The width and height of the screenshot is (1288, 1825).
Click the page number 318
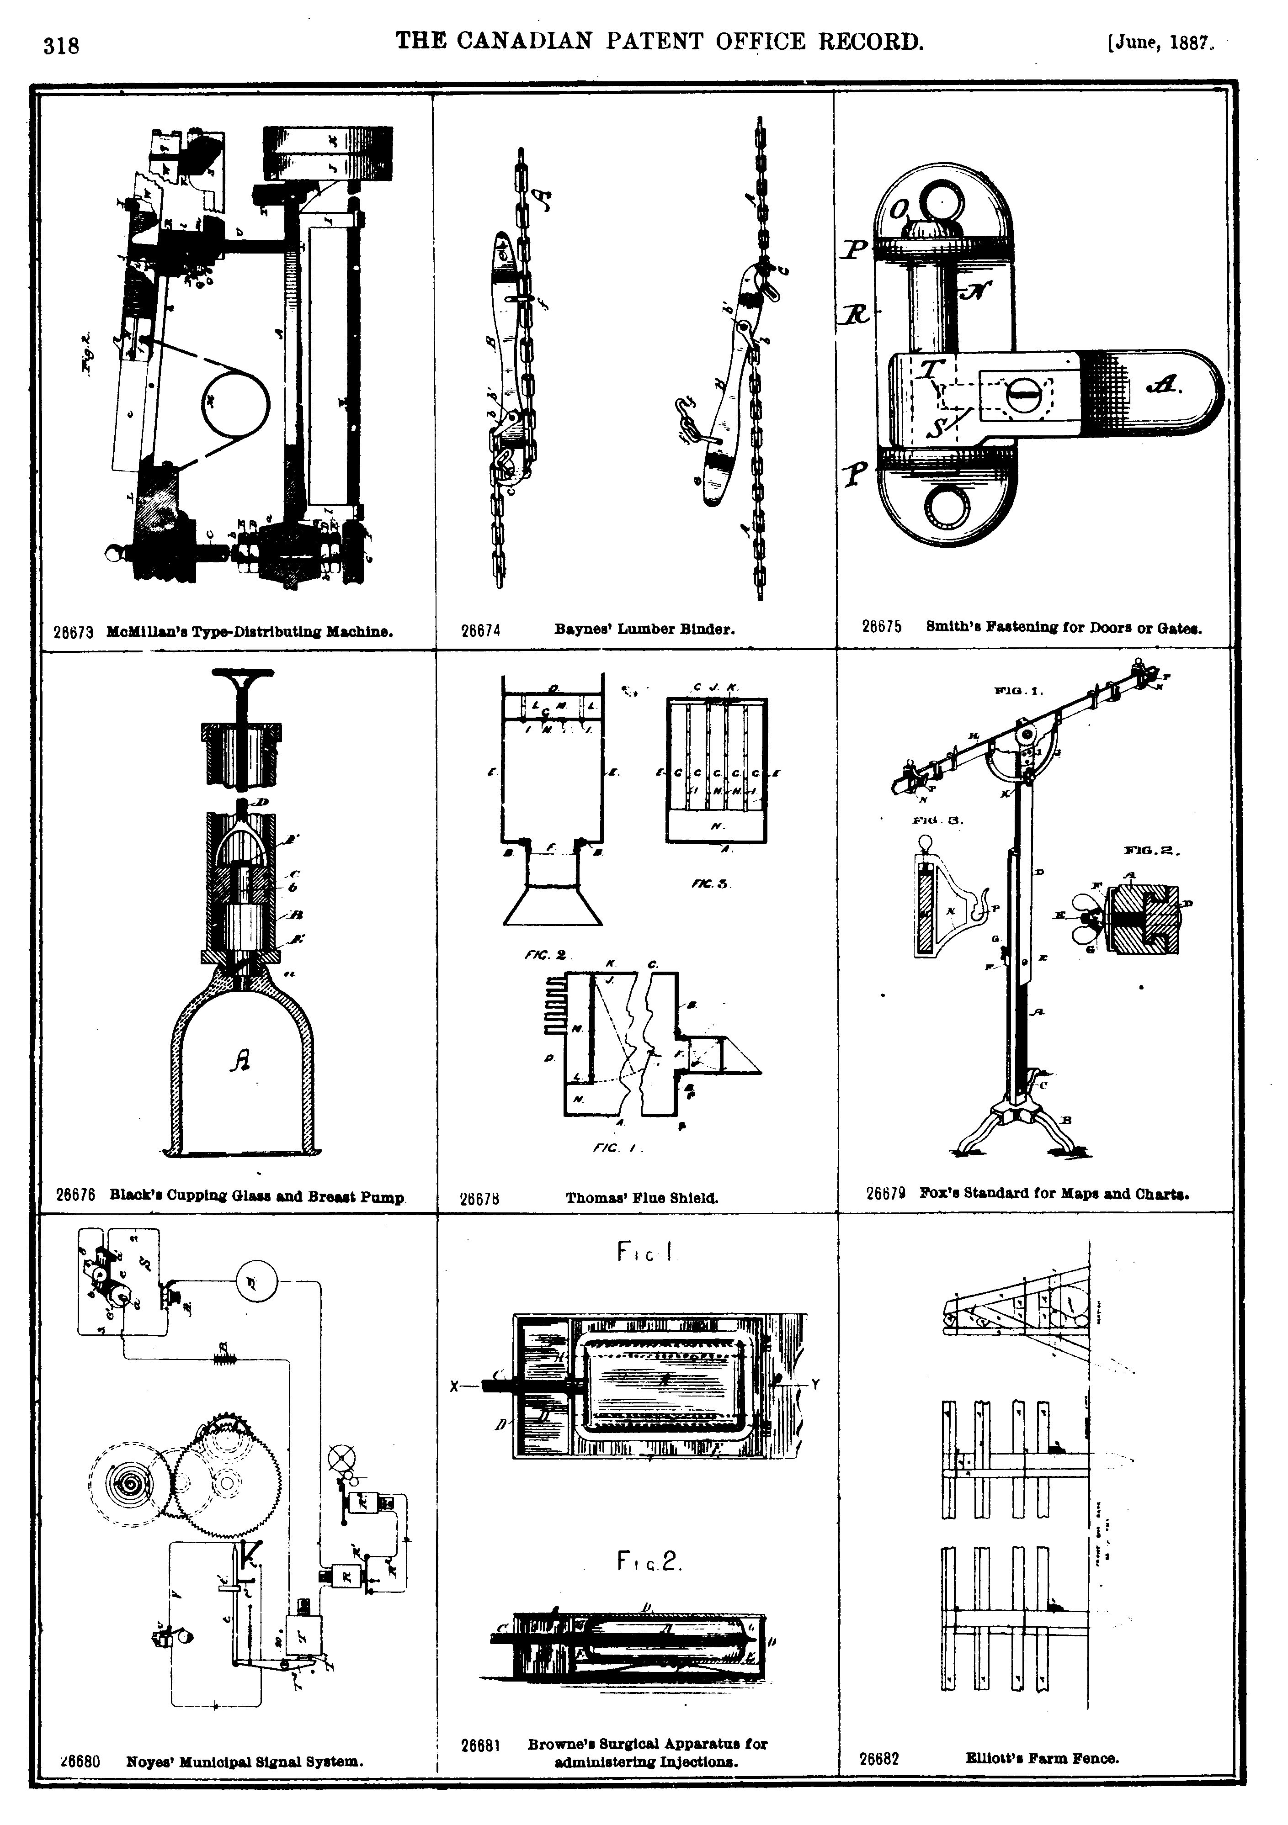61,46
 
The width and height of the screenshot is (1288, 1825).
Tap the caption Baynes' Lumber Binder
644,629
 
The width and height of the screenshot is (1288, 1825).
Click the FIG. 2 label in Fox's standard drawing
1149,852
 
